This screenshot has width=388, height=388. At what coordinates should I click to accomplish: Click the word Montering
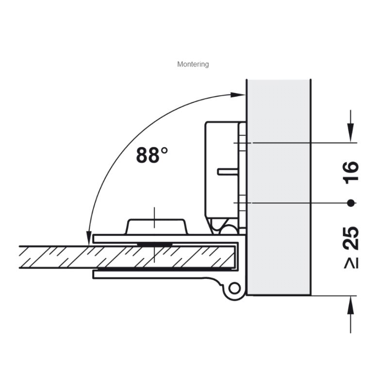point(193,64)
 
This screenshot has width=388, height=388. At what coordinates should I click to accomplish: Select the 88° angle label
point(152,155)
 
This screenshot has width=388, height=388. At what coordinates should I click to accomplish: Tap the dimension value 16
point(351,172)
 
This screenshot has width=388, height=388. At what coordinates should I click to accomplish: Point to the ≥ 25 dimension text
point(351,247)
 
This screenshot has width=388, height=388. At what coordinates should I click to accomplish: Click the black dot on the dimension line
point(351,203)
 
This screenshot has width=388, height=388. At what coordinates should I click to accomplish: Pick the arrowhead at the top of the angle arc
point(238,95)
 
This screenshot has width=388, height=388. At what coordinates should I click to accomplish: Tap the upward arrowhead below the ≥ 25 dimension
point(350,305)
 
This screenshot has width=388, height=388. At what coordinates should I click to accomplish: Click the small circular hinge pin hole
point(234,289)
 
